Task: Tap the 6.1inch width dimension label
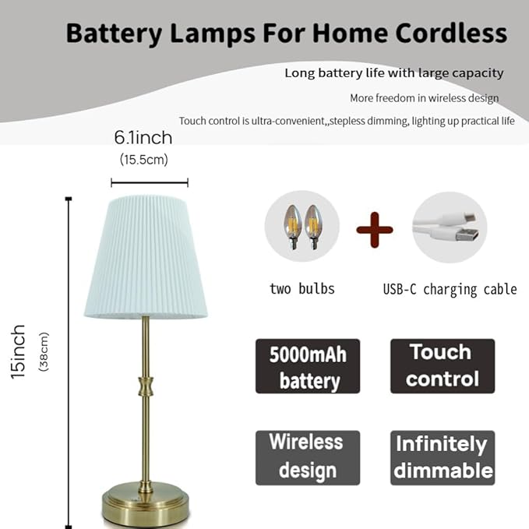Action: pos(143,139)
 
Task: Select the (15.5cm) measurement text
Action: pos(143,160)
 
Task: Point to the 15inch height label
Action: pos(19,351)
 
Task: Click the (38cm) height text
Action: pos(44,352)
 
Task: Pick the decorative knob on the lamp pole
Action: pos(146,385)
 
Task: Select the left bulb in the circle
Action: pos(292,226)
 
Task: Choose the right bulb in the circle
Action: pos(313,226)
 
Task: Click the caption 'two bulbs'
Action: pos(302,289)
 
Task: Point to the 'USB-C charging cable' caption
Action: pos(450,290)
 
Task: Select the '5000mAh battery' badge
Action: pos(308,366)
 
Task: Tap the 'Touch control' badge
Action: pos(442,365)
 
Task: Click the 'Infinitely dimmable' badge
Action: pos(442,457)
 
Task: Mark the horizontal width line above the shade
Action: pos(150,183)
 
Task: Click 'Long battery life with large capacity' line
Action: pos(393,73)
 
